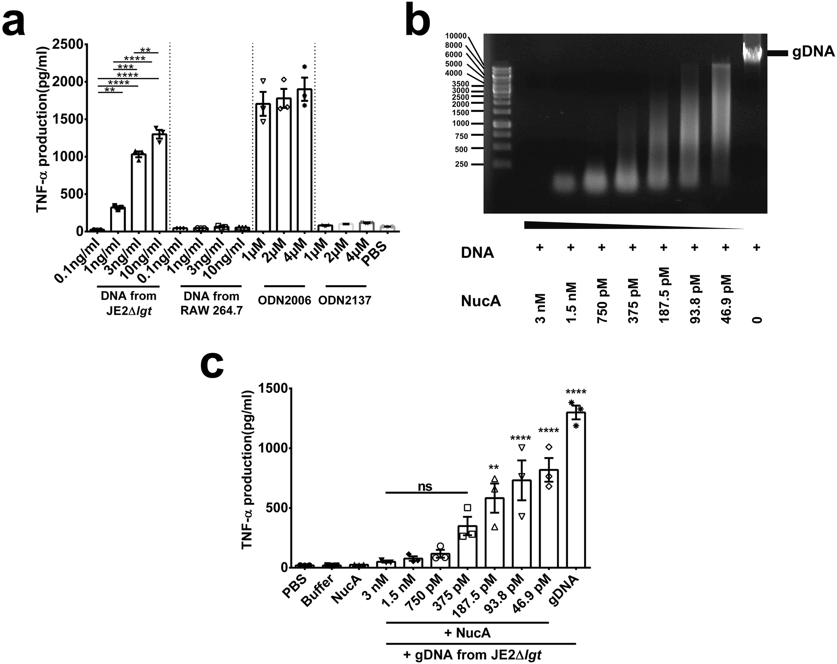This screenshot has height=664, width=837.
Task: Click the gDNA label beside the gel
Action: coord(813,53)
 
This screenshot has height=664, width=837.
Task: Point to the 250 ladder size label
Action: coord(461,165)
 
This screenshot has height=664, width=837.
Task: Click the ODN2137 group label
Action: coord(344,300)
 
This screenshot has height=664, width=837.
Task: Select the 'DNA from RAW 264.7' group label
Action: coord(211,303)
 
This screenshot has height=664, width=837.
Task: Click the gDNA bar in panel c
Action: coord(576,490)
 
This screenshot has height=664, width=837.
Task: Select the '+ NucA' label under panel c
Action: coord(467,633)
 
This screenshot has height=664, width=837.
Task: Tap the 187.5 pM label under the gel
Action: coord(664,295)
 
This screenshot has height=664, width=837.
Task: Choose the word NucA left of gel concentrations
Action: coord(481,301)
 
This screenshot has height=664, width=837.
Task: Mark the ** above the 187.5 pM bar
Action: coord(493,467)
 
